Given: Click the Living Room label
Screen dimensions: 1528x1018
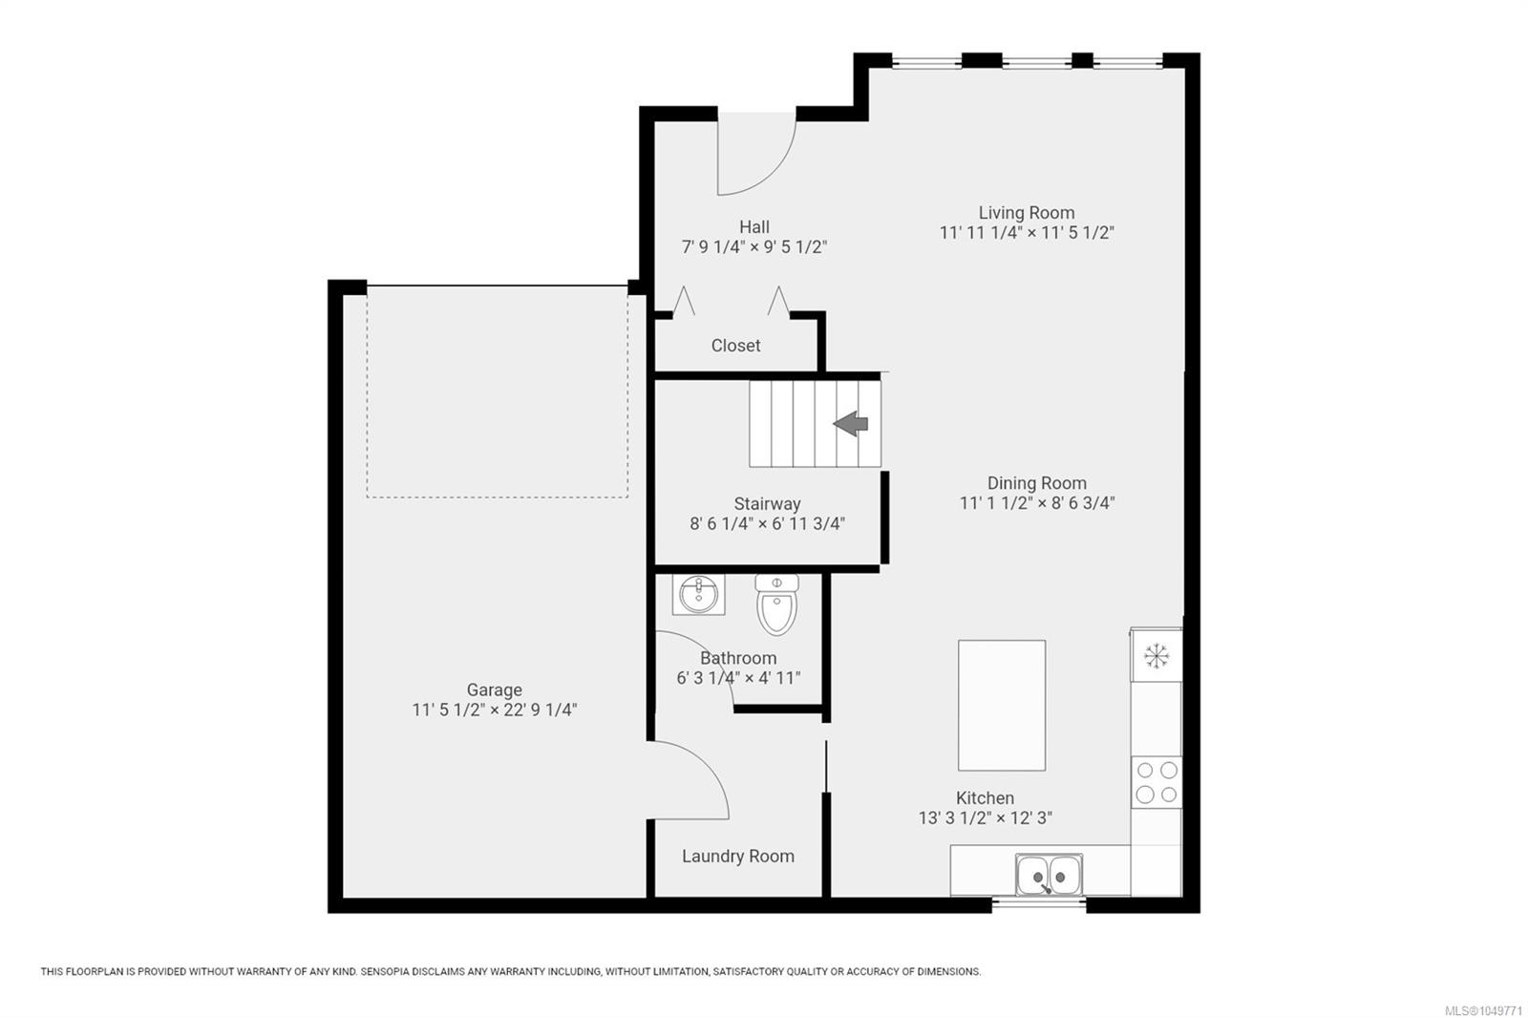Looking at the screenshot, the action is [1026, 213].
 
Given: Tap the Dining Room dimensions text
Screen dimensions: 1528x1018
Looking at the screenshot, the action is [1037, 503].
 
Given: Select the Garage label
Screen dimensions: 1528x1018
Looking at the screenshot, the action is [494, 689].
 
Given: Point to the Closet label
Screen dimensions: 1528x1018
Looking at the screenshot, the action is [735, 346].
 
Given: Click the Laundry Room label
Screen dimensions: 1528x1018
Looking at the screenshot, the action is [738, 857].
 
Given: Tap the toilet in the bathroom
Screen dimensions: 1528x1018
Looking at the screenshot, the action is [777, 604].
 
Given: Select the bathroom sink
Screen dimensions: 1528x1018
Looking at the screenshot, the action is [698, 594].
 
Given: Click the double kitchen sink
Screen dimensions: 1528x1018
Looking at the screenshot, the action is [1049, 874].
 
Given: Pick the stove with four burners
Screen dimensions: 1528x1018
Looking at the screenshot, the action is [1157, 782].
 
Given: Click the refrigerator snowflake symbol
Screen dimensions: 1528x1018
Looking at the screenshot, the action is [1157, 656].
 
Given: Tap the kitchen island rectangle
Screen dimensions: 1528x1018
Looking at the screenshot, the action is [1002, 705].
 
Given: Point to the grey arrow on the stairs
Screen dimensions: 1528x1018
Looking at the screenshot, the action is [851, 424].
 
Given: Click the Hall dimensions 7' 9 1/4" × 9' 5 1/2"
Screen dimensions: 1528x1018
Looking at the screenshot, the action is [753, 247].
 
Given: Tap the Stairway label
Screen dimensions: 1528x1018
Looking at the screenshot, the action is [767, 504].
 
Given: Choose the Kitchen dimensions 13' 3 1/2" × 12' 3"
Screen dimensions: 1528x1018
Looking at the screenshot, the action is [985, 817].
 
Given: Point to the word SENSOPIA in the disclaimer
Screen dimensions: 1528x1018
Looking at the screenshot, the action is [386, 971].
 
